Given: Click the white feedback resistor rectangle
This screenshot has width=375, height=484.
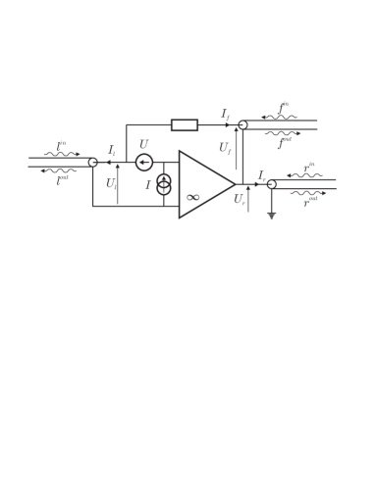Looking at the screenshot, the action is coord(184,124).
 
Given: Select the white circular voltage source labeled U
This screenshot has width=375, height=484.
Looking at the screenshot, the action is coord(144,162).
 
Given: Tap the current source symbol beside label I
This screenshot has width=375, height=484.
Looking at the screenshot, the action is coord(164,184).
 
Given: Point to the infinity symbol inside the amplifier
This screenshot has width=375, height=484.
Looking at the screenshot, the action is coord(193,198).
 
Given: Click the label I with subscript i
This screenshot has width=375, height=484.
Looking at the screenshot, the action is coord(112,151).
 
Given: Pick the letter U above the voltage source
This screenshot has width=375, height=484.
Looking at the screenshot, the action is coord(143,145).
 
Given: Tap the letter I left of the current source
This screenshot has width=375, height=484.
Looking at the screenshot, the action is coord(148,185).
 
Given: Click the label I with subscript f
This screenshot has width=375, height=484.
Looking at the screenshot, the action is coord(225,115).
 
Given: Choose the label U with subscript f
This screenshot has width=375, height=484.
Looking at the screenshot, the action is coord(225,149).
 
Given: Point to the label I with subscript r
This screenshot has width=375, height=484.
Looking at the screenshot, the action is coord(261,175).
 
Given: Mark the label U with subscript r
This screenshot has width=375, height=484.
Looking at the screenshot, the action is coord(240,200).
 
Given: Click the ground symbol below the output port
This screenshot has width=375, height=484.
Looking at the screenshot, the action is coord(271,214).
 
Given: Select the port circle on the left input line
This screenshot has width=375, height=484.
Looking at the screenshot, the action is coord(93,163).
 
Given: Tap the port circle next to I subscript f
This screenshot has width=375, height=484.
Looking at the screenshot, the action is coord(242,125).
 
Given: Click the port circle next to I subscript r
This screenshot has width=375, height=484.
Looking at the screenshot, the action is coord(271,184).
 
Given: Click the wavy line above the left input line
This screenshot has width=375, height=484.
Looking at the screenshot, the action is coord(61,154).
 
